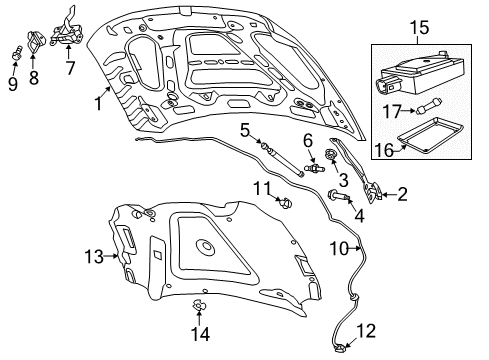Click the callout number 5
(244, 130)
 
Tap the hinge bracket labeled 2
(376, 190)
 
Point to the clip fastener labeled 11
(286, 205)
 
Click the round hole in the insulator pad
(207, 246)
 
